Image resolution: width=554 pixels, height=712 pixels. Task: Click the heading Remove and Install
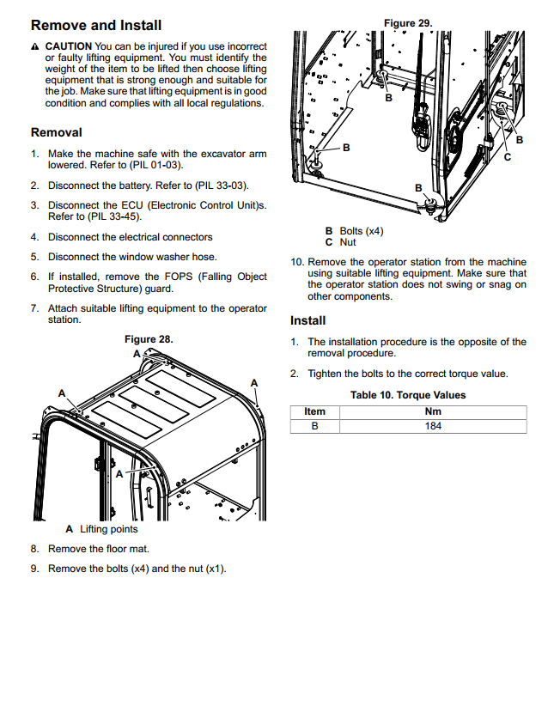pos(95,25)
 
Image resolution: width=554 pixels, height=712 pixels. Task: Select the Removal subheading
pos(57,132)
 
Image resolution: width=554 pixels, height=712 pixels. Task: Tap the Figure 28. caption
pos(149,339)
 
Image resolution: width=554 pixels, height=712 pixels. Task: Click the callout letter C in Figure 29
pos(507,157)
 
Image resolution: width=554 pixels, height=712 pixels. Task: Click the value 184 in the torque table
pos(433,426)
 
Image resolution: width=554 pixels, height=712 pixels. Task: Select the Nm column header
pos(433,411)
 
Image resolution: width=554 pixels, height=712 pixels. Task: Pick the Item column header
pos(315,411)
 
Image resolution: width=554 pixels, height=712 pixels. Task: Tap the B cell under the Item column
pos(315,426)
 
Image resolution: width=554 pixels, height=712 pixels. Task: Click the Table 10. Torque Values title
pos(408,395)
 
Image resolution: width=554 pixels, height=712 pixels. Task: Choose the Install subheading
pos(308,320)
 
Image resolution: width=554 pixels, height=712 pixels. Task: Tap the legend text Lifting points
pos(108,529)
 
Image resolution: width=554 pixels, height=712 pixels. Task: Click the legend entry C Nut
pos(340,242)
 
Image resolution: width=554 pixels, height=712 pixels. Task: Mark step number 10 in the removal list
pos(297,262)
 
